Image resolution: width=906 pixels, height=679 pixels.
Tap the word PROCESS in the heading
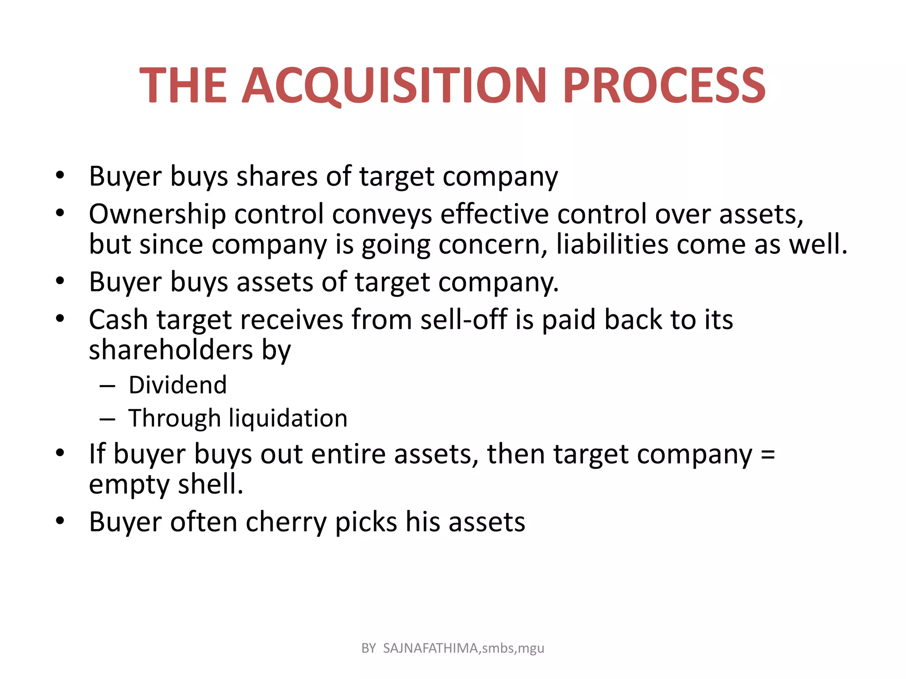coord(664,85)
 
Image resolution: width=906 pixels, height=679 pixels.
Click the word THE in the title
coord(183,85)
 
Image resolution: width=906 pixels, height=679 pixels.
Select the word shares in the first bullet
coord(277,176)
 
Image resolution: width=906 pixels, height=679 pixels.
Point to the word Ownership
coord(157,214)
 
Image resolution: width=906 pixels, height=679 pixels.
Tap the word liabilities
coord(612,244)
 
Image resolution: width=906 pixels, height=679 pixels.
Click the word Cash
coord(118,320)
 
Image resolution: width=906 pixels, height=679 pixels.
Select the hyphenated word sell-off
coord(464,320)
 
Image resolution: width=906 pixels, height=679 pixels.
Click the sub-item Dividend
coord(177,385)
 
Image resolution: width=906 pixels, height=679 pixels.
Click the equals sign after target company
coord(768,454)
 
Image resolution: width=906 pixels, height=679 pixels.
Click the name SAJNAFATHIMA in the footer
coord(430,648)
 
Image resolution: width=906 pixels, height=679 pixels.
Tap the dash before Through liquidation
coord(107,419)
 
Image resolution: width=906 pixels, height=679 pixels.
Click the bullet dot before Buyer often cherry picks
coord(60,521)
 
